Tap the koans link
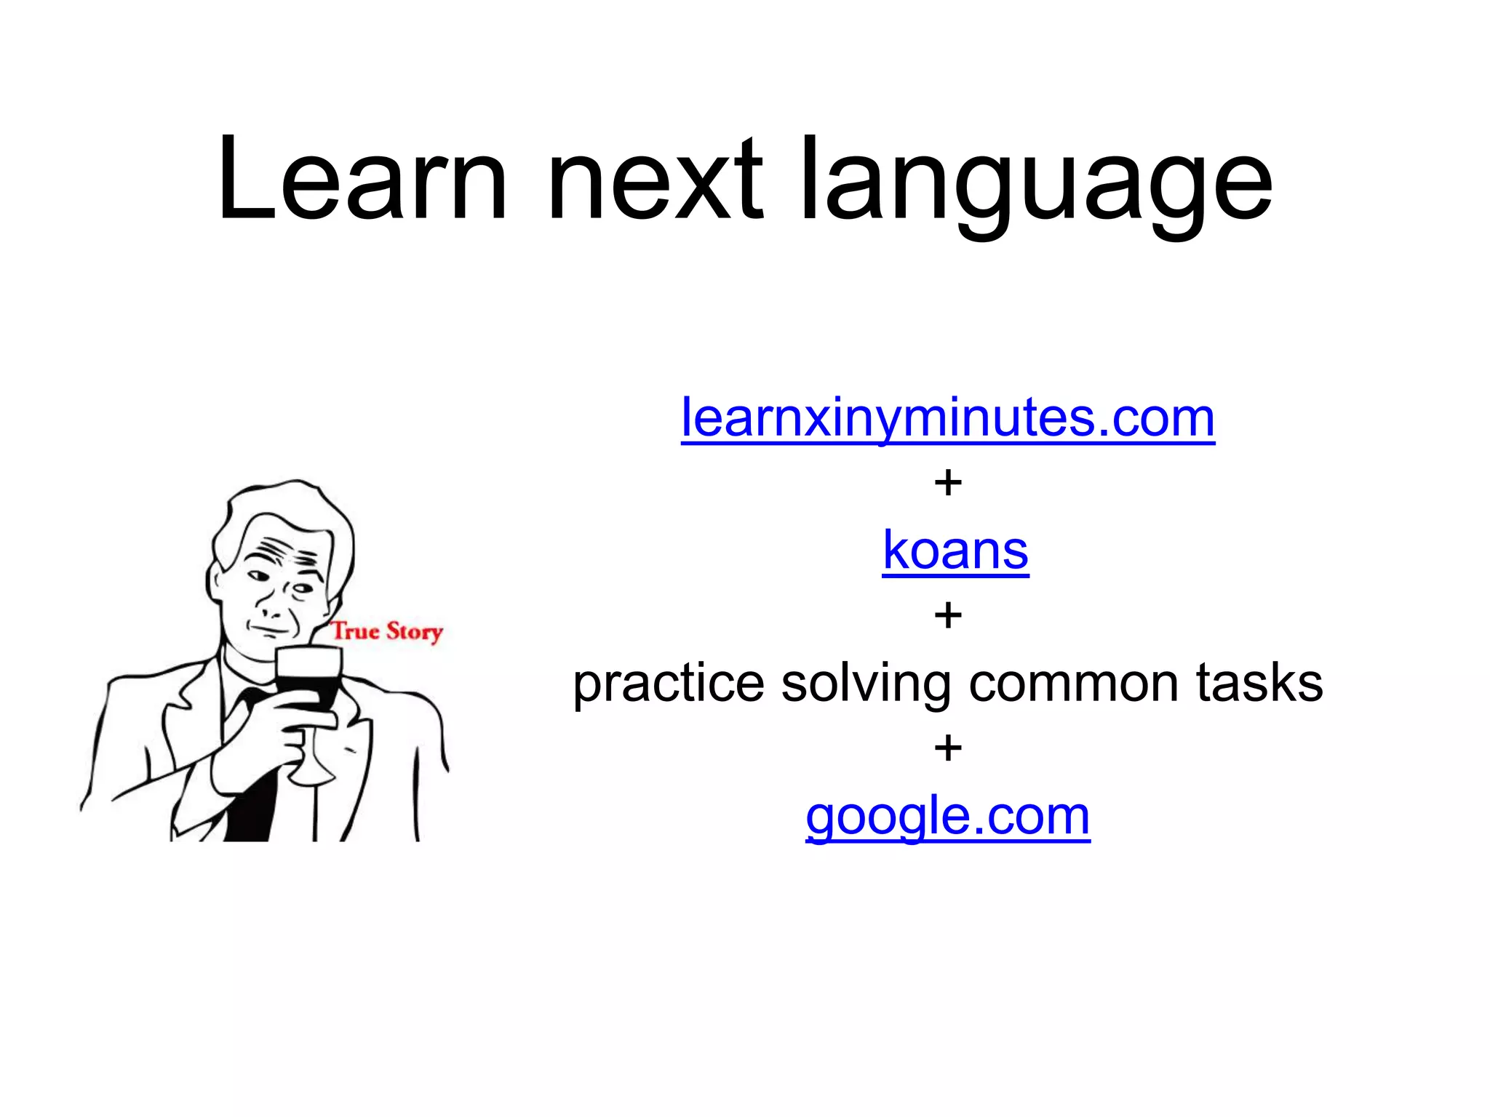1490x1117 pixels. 955,551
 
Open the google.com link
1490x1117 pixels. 947,816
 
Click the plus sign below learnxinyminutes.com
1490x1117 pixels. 948,483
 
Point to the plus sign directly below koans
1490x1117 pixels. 948,616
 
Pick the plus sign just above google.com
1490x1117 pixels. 948,748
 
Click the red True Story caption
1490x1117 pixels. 387,630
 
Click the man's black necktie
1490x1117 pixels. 251,793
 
